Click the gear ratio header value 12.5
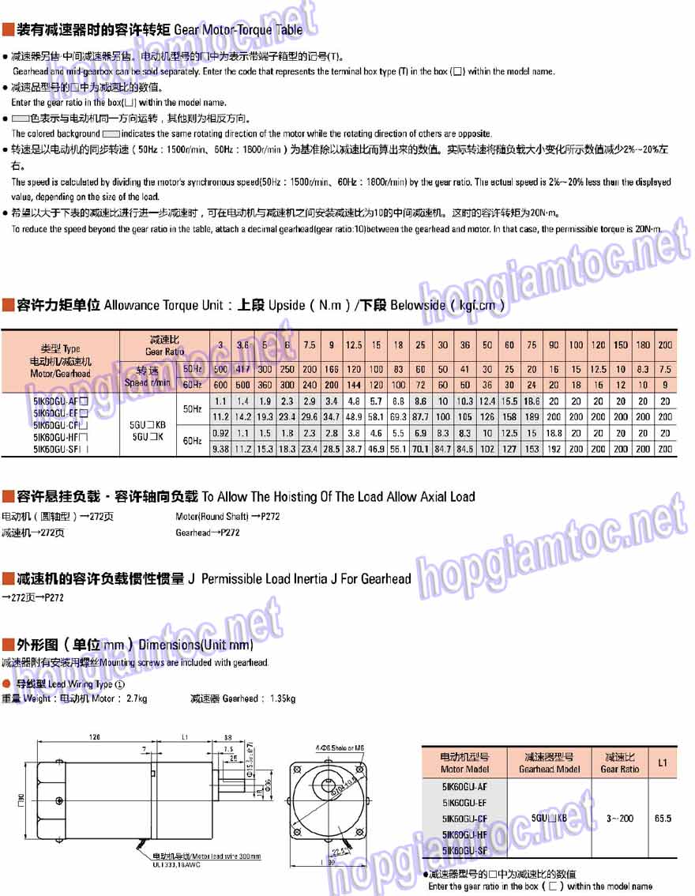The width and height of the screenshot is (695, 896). pyautogui.click(x=354, y=344)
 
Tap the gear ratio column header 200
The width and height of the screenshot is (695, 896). pyautogui.click(x=666, y=344)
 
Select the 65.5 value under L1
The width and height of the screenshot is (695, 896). pyautogui.click(x=662, y=819)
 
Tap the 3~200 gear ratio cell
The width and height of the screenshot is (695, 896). pyautogui.click(x=620, y=819)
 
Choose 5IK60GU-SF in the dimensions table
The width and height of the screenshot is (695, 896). pyautogui.click(x=465, y=850)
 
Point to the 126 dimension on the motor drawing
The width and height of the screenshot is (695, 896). pyautogui.click(x=94, y=736)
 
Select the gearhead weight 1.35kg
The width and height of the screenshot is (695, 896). pyautogui.click(x=281, y=698)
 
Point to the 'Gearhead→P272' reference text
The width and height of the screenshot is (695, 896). pyautogui.click(x=208, y=533)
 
